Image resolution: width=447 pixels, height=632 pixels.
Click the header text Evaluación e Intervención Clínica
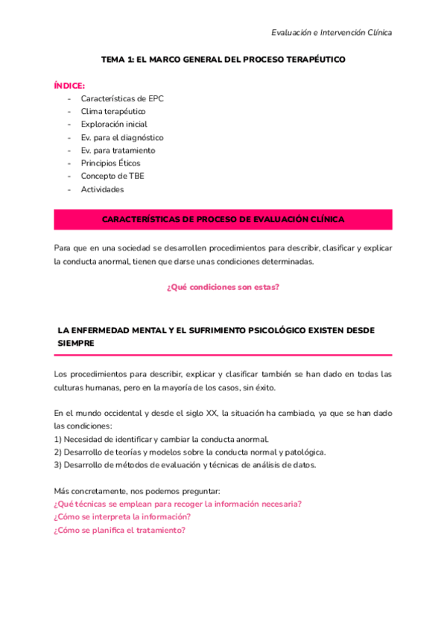[332, 32]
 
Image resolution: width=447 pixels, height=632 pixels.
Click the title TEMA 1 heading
[223, 59]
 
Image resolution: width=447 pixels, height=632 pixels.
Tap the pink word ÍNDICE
[69, 86]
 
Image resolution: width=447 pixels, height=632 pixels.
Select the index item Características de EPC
[122, 98]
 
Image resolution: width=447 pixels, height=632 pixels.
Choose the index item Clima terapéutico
[113, 111]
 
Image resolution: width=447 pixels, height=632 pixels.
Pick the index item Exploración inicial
[114, 124]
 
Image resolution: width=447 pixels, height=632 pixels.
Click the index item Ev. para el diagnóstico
[122, 137]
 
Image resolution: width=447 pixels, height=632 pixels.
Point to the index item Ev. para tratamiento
[118, 150]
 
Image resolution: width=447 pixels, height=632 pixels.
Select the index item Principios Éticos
[110, 163]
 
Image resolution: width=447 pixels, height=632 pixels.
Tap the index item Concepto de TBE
[112, 176]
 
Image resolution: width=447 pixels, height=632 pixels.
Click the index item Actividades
[102, 189]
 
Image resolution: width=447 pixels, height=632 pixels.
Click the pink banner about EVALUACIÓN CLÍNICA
[223, 219]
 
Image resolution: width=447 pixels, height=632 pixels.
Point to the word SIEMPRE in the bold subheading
[76, 344]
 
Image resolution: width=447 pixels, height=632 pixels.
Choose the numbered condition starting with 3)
[185, 465]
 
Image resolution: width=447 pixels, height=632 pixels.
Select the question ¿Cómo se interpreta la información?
[121, 516]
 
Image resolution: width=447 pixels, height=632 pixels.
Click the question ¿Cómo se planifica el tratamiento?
[119, 530]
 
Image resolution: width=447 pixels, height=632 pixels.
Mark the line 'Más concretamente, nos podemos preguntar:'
[137, 490]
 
